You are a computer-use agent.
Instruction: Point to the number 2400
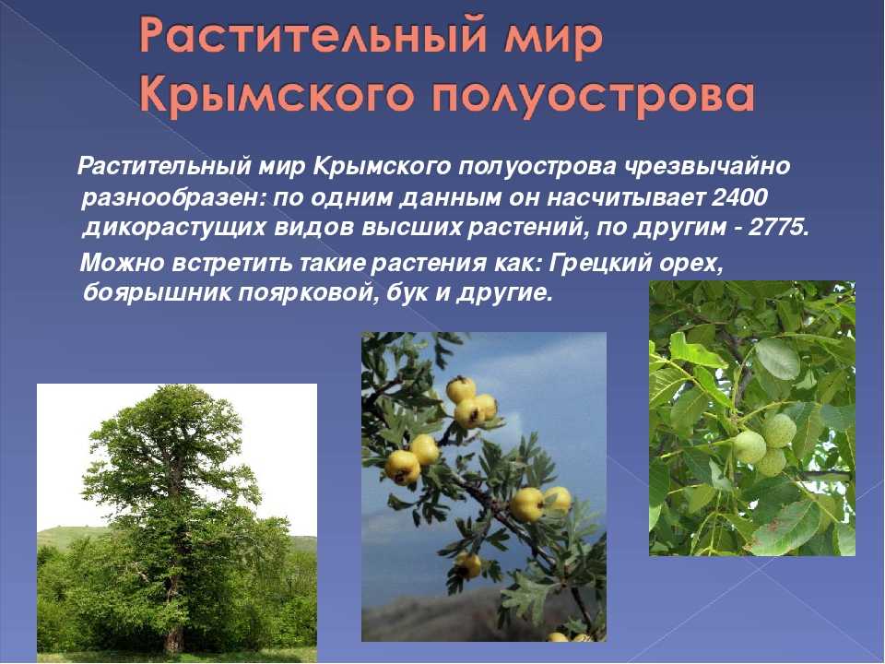point(740,197)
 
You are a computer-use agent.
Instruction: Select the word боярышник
point(156,293)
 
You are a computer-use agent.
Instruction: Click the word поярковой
point(308,293)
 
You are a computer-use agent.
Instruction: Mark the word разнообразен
point(172,198)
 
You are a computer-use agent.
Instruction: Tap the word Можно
point(123,263)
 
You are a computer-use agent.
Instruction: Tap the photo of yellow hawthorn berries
point(484,487)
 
